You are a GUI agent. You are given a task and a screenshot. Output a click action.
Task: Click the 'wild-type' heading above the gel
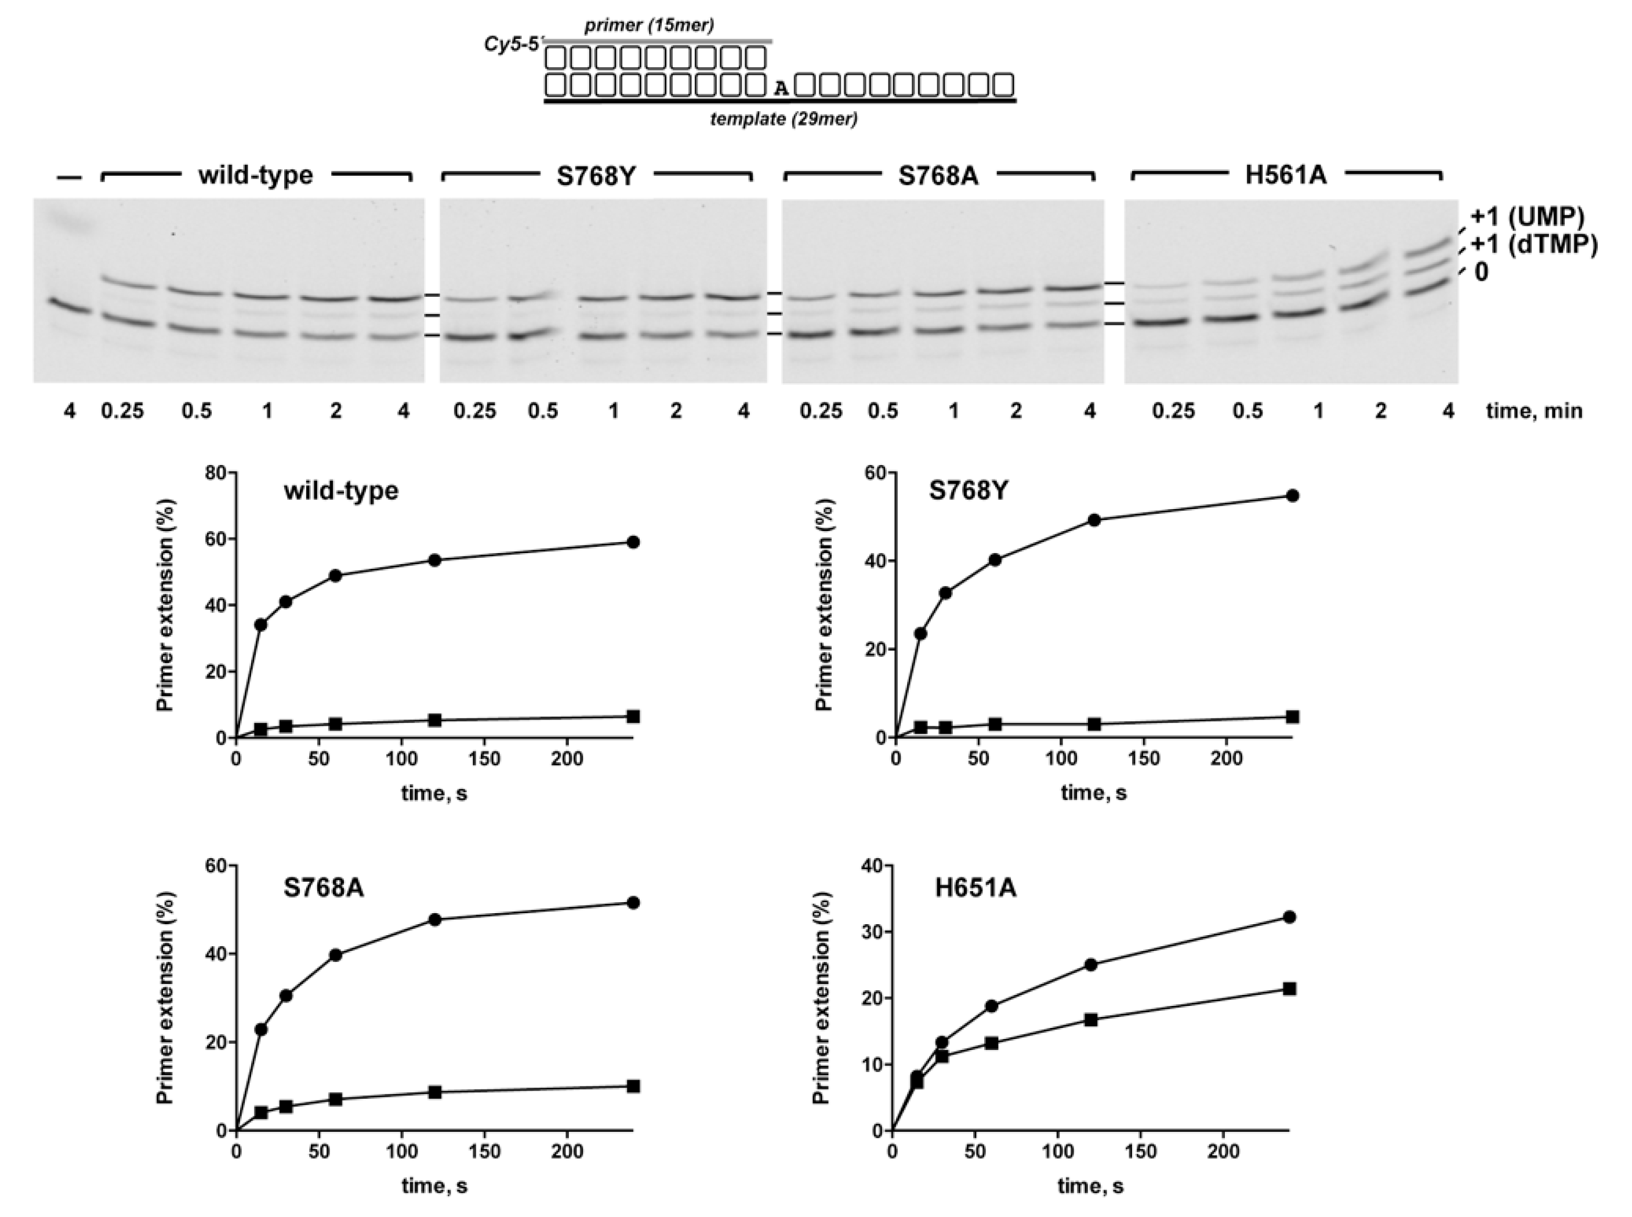coord(255,175)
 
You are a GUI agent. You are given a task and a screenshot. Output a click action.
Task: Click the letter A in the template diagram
coord(781,88)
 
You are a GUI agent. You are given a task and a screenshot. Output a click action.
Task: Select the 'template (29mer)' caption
coord(783,119)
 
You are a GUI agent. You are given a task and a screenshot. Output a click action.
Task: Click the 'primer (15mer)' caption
coord(648,26)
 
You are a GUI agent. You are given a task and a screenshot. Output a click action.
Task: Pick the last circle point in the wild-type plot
coord(632,542)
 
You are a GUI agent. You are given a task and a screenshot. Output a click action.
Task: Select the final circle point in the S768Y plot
coord(1292,496)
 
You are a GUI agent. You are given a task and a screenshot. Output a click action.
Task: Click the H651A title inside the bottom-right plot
coord(975,888)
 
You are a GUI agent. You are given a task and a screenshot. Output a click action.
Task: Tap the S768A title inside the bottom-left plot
coord(324,888)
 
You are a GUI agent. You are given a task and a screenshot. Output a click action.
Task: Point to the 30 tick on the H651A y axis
coord(872,932)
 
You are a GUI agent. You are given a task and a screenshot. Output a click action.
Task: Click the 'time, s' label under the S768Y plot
coord(1093,793)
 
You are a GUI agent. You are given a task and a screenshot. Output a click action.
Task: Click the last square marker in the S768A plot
coord(632,1086)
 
